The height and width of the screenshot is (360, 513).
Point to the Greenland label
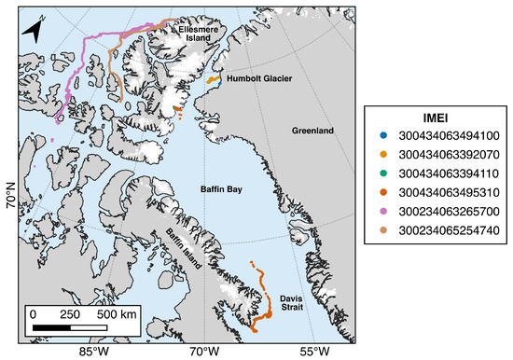click(312, 132)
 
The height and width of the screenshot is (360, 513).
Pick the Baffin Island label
click(185, 245)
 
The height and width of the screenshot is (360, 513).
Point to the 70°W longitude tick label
click(203, 352)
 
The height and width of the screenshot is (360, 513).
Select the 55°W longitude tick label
click(314, 352)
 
